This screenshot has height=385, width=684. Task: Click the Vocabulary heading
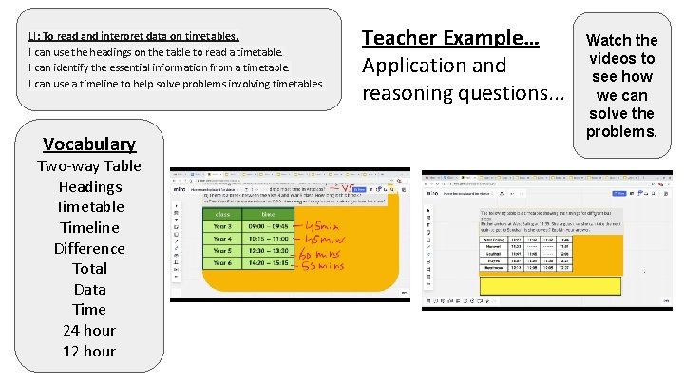click(89, 144)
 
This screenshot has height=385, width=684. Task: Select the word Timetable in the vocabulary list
click(89, 206)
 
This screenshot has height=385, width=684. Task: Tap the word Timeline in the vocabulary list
click(89, 227)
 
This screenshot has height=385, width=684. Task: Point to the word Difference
click(89, 248)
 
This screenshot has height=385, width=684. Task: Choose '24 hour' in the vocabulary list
click(89, 330)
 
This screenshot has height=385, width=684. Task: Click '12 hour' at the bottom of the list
click(89, 351)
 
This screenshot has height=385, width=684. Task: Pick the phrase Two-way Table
click(89, 165)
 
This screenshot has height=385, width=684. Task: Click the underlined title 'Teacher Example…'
click(450, 39)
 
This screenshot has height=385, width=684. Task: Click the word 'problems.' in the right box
click(621, 130)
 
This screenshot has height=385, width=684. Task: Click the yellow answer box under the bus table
click(549, 285)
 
